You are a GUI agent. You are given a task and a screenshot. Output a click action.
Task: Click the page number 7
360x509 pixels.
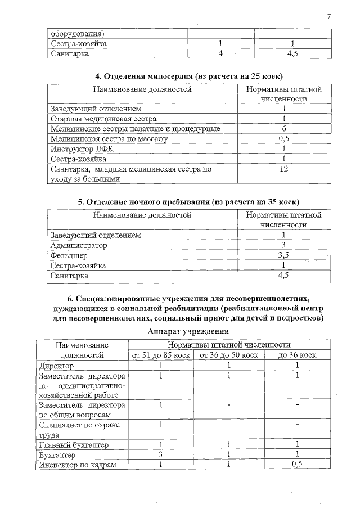[x=328, y=16]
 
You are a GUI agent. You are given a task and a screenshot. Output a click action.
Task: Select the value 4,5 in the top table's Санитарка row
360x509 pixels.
[x=292, y=53]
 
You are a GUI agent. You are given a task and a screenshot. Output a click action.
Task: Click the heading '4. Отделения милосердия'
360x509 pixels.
[x=180, y=76]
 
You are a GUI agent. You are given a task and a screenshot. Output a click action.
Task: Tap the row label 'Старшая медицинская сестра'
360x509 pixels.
[x=103, y=119]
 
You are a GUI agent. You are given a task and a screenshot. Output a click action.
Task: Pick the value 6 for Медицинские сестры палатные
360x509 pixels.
[x=284, y=129]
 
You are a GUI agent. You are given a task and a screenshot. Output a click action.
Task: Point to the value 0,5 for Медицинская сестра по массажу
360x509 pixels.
[x=284, y=139]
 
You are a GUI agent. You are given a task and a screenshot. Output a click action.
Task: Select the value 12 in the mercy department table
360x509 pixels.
[x=284, y=169]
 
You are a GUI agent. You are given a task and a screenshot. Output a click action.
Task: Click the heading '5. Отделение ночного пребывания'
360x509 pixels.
[x=180, y=201]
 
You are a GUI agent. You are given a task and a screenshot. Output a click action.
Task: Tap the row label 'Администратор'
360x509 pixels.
[x=79, y=245]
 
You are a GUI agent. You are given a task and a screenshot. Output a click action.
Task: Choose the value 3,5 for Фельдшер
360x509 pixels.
[x=284, y=255]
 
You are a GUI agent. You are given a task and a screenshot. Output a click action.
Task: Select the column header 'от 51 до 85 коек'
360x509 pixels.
[x=161, y=355]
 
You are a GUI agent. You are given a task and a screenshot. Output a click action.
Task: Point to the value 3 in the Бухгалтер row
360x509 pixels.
[x=161, y=454]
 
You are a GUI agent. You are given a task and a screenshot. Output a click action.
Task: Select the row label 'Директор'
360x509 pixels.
[x=56, y=366]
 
